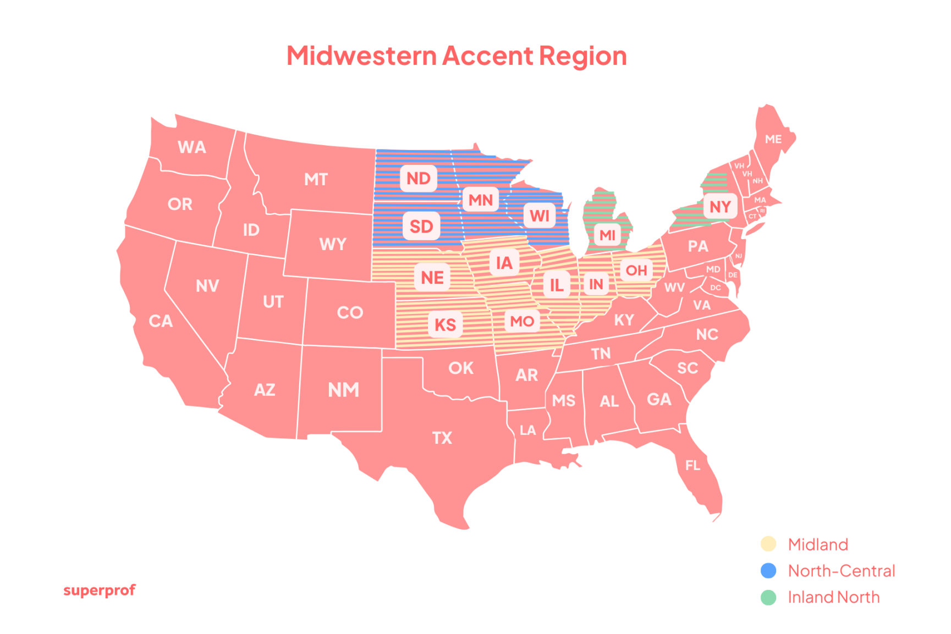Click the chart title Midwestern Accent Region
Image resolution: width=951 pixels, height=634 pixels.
tap(457, 56)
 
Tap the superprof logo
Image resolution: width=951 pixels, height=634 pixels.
tap(99, 591)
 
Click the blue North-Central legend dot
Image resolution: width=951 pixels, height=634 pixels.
tap(768, 571)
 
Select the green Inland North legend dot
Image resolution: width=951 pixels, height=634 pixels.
tap(768, 597)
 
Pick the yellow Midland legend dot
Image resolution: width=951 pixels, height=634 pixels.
tap(768, 544)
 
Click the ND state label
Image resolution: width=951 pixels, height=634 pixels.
tap(419, 178)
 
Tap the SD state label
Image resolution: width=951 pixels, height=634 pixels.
tap(421, 226)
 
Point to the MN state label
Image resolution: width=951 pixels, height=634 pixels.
tap(481, 200)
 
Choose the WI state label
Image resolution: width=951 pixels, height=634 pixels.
tap(540, 216)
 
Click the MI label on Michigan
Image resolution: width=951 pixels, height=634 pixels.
tap(607, 235)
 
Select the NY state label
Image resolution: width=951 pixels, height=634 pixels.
tap(720, 206)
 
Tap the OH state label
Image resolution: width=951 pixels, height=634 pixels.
tap(636, 270)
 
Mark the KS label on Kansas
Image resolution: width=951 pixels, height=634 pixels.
tap(445, 324)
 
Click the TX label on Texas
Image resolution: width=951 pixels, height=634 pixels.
tap(442, 438)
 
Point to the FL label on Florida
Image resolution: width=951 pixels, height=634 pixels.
tap(692, 466)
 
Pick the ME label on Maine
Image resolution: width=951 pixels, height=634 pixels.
tap(773, 139)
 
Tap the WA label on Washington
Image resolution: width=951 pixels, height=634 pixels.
tap(191, 147)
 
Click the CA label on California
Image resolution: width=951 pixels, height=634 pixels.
tap(161, 321)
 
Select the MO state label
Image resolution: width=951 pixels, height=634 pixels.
tap(522, 321)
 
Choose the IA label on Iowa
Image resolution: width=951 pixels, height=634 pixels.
tap(504, 263)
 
